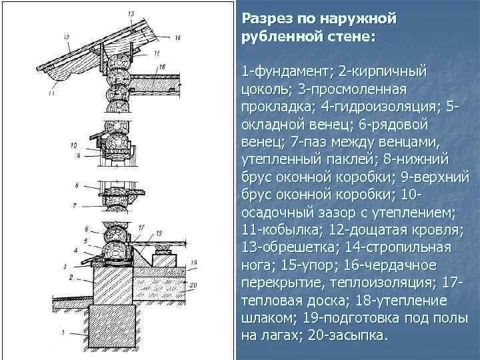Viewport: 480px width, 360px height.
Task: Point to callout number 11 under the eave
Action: click(x=51, y=94)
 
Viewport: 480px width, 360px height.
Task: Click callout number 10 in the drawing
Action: click(x=73, y=145)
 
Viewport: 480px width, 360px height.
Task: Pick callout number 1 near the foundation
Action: click(x=63, y=331)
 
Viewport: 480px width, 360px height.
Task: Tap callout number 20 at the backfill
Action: click(x=193, y=285)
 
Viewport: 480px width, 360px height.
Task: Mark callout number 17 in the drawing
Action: click(x=141, y=228)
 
